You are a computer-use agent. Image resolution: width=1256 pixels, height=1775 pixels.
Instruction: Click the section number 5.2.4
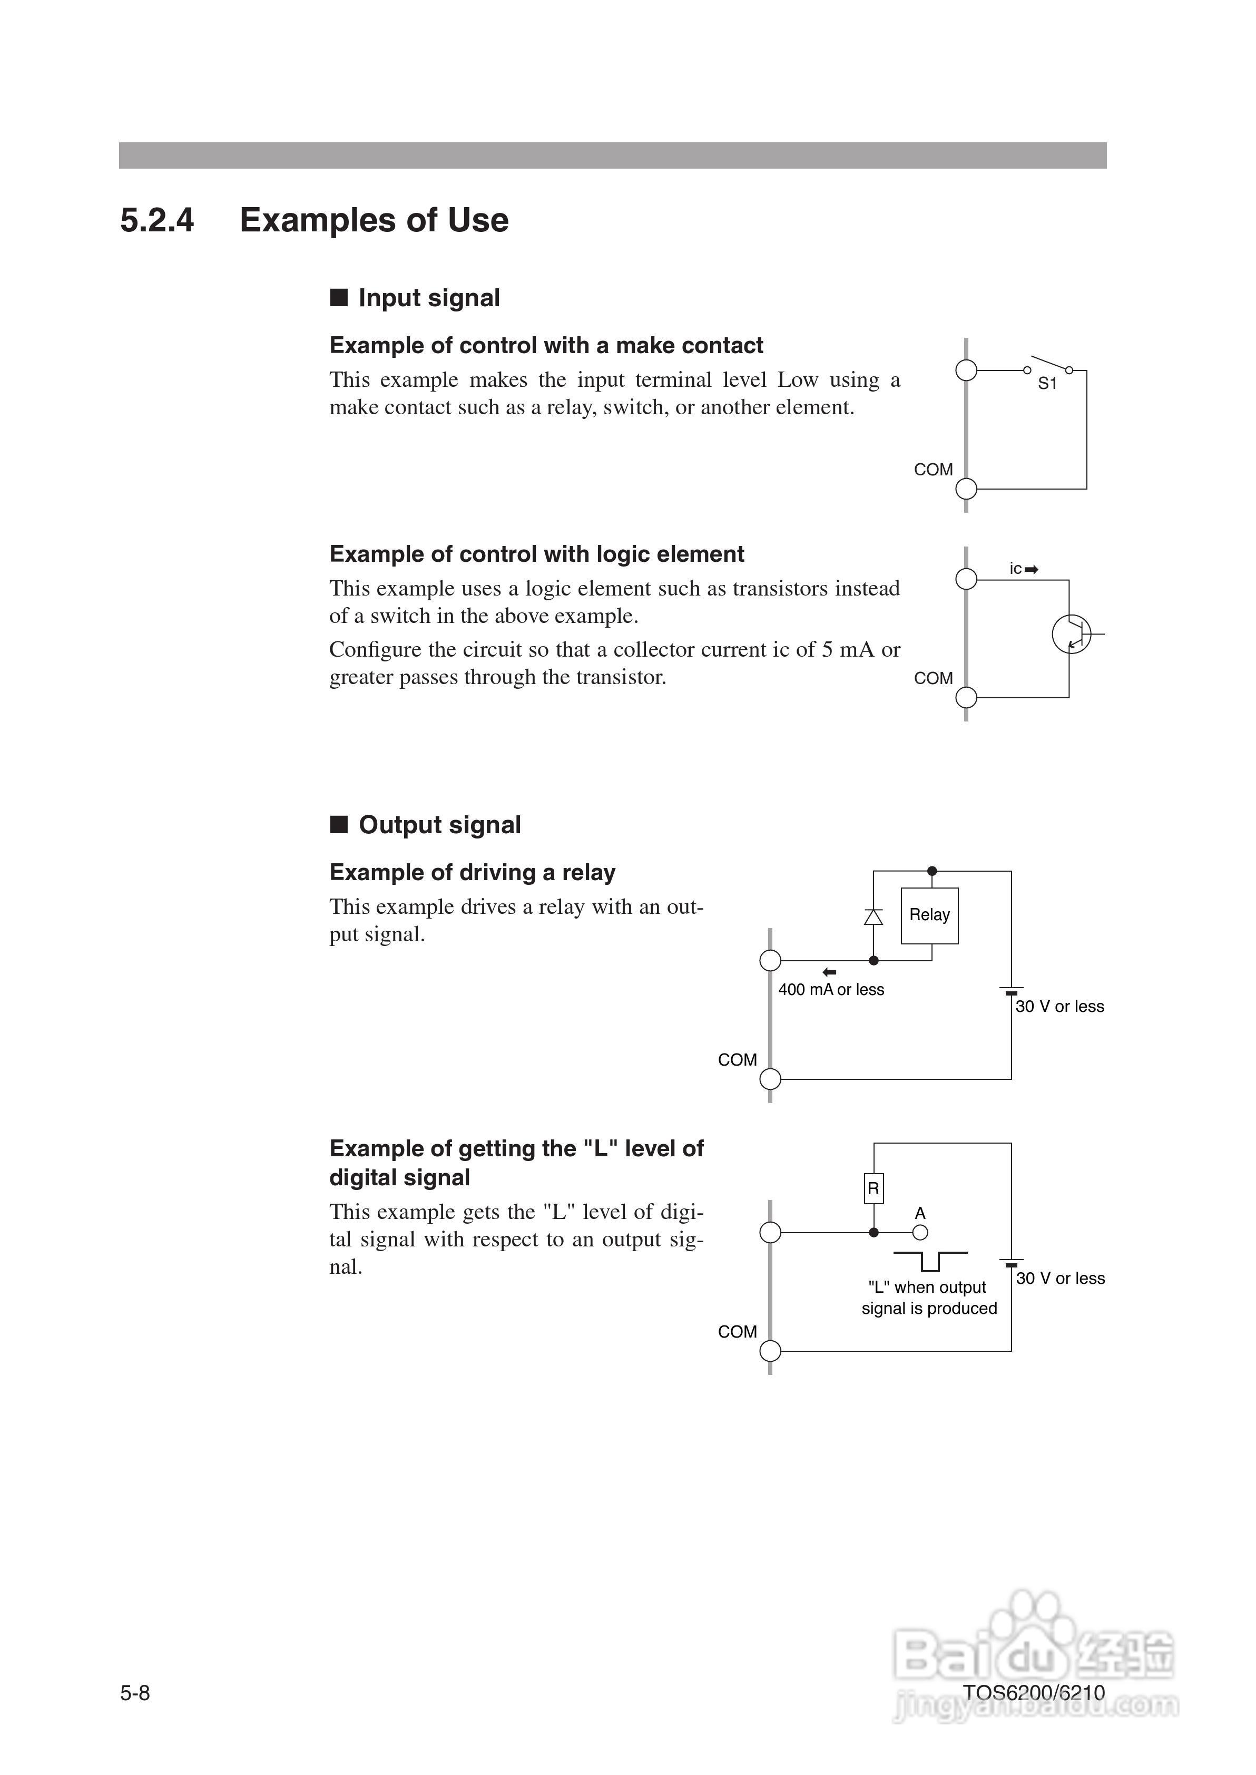tap(157, 220)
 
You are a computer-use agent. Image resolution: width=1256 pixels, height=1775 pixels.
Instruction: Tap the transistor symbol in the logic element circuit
tap(1071, 634)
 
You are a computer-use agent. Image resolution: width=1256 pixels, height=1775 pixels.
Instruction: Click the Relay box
tap(929, 915)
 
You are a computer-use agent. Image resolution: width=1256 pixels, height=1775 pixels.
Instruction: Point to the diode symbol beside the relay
tap(873, 916)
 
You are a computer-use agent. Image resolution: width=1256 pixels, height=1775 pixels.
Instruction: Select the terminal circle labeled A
tap(919, 1233)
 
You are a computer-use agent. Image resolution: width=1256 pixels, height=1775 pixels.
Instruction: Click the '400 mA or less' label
tap(831, 990)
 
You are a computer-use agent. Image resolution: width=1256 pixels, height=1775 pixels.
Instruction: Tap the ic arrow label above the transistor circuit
tap(1023, 569)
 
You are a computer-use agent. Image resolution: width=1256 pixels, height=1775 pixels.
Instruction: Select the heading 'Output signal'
tap(439, 825)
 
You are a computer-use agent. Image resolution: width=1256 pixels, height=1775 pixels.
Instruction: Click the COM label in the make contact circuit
tap(933, 470)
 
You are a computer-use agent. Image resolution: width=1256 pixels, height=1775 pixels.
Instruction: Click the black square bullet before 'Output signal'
tap(339, 824)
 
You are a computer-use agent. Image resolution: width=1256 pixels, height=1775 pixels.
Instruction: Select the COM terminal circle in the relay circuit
tap(770, 1079)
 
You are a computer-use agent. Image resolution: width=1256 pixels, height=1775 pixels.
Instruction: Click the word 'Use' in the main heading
tap(478, 220)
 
